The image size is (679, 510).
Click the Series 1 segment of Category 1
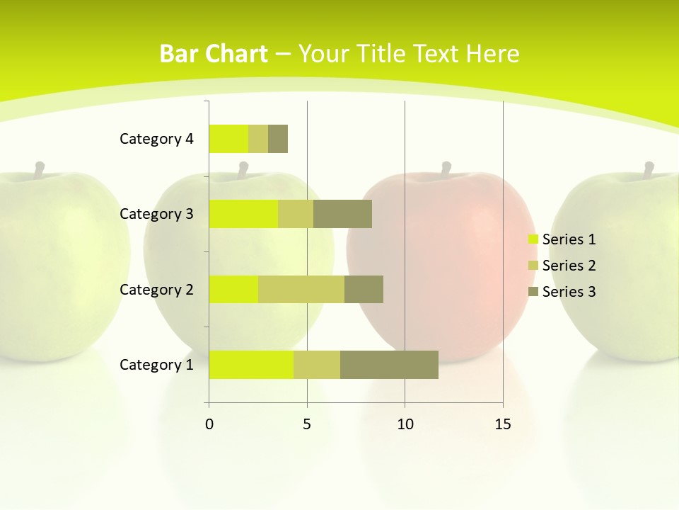pos(251,365)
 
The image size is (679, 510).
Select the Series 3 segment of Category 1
pos(389,365)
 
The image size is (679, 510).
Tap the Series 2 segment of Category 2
pos(301,289)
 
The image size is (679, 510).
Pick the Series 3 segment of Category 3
pos(342,214)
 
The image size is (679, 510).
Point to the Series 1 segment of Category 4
pos(228,139)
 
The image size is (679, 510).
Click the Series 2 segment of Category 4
pos(258,139)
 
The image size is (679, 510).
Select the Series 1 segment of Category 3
pos(243,214)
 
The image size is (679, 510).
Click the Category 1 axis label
pos(156,365)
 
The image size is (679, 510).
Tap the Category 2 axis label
pos(156,289)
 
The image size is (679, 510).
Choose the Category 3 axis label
pos(156,214)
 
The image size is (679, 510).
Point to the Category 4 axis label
pos(156,139)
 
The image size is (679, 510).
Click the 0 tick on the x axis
pos(209,424)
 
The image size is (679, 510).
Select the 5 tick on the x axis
pos(307,424)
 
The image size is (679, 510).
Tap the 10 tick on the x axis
pos(405,424)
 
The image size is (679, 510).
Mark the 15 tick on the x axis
pos(503,424)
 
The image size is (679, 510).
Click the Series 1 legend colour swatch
pos(533,239)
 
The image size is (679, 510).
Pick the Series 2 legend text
pos(569,266)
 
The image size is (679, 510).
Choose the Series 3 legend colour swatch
pos(533,292)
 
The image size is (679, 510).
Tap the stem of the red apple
pos(446,169)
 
